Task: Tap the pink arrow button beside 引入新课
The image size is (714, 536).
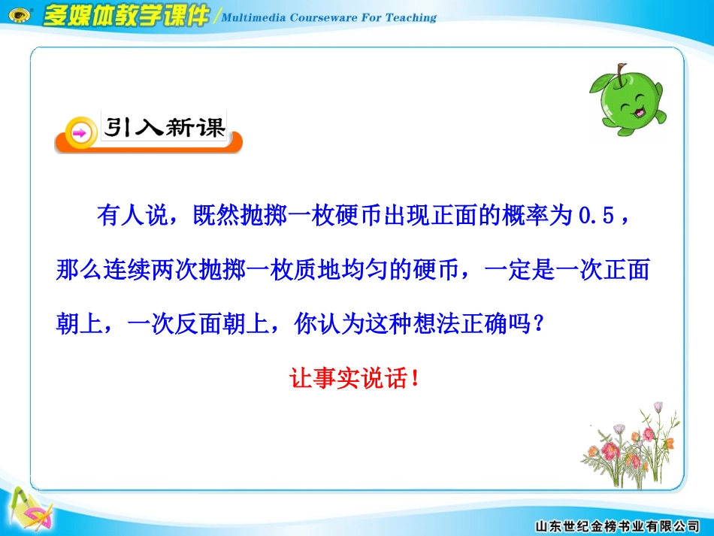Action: (x=79, y=133)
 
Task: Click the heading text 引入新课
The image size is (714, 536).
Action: (x=165, y=128)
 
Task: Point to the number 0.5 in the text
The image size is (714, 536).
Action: (x=597, y=218)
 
